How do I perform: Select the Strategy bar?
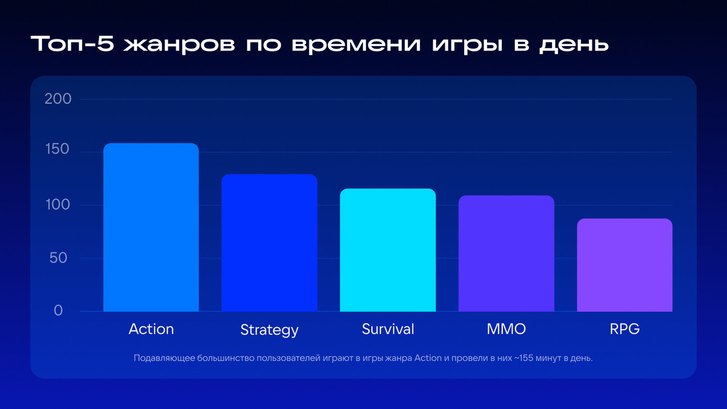pyautogui.click(x=269, y=243)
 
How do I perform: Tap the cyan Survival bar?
pyautogui.click(x=388, y=250)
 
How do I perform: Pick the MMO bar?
pyautogui.click(x=506, y=253)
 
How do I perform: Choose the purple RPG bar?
pyautogui.click(x=625, y=265)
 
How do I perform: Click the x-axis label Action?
pyautogui.click(x=151, y=329)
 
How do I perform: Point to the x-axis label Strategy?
pyautogui.click(x=269, y=330)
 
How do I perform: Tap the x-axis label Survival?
pyautogui.click(x=388, y=329)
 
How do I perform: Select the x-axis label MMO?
pyautogui.click(x=506, y=329)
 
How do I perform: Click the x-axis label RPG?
pyautogui.click(x=625, y=329)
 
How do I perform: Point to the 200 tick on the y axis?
pyautogui.click(x=58, y=99)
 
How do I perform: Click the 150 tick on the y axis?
pyautogui.click(x=58, y=151)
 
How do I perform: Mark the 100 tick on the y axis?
pyautogui.click(x=58, y=204)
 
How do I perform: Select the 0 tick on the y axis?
pyautogui.click(x=58, y=310)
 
